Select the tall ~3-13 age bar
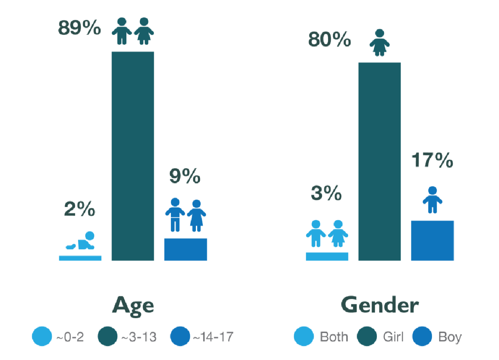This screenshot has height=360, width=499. (132, 156)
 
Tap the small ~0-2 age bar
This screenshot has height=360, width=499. (80, 257)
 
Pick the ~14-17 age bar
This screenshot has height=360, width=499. (185, 249)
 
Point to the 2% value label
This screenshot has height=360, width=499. (80, 210)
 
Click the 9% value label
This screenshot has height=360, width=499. (184, 177)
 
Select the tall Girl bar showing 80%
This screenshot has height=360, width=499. (379, 161)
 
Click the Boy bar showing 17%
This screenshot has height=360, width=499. (432, 240)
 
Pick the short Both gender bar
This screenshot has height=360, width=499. (327, 256)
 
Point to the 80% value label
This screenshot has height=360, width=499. (329, 40)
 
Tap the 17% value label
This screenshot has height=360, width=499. (432, 161)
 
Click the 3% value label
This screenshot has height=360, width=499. (326, 194)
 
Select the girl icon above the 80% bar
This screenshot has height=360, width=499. (379, 42)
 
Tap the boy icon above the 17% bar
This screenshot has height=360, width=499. (432, 200)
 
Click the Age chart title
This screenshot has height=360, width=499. (132, 305)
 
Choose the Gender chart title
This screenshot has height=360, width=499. (379, 305)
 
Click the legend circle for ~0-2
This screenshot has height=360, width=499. (42, 337)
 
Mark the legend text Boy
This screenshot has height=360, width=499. (450, 337)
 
